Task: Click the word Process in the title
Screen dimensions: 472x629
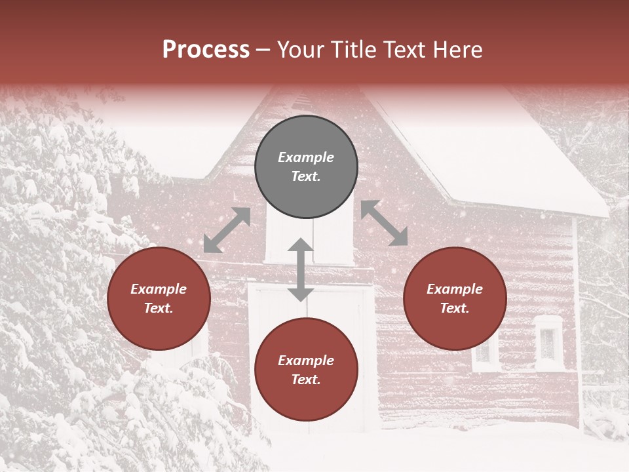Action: coord(206,50)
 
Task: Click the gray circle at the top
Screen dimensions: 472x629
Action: coord(306,167)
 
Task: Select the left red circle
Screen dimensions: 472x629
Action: coord(159,298)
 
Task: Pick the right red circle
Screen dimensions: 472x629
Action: coord(455,298)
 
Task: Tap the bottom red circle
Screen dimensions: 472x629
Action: coord(306,369)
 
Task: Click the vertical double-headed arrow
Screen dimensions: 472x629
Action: coord(301,269)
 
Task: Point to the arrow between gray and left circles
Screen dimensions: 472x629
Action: coord(227,230)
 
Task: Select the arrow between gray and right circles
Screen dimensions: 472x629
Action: coord(385,223)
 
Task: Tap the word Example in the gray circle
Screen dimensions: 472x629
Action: coord(306,157)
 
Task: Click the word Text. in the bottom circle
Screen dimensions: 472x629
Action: coord(306,380)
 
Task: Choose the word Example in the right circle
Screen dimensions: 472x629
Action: coord(455,289)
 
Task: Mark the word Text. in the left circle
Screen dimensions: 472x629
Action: coord(159,308)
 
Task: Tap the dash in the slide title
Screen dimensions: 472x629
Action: coord(263,50)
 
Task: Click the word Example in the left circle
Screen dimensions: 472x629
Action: coord(159,289)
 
